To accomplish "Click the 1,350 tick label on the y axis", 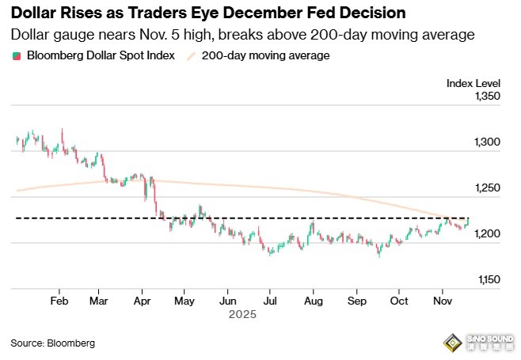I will [489, 97].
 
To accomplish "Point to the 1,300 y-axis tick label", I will [489, 142].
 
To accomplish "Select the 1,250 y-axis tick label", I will [489, 188].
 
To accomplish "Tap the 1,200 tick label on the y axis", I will [489, 234].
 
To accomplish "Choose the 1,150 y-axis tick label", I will [489, 279].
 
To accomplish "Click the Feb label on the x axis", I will [59, 301].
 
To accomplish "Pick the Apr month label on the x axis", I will [143, 301].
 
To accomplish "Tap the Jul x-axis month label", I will [270, 301].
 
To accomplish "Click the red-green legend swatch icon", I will [17, 56].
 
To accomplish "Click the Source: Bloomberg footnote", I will [53, 343].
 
